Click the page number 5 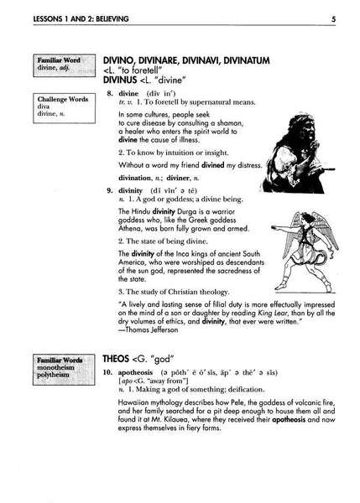(333, 18)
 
